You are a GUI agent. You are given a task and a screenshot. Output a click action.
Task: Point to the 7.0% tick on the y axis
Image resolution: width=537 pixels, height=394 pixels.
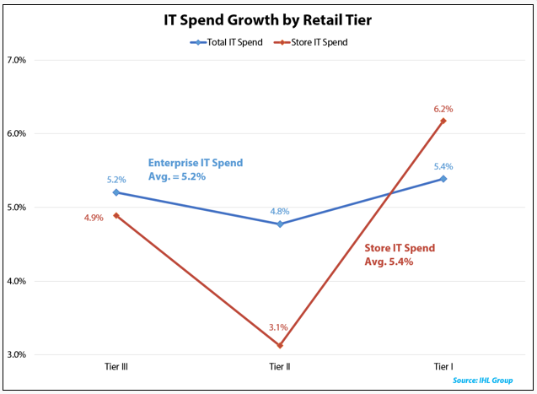pos(17,60)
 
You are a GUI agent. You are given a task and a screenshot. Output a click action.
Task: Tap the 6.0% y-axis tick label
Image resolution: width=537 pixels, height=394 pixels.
pos(17,133)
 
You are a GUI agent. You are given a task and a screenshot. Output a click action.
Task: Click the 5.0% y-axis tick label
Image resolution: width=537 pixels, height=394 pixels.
pos(17,208)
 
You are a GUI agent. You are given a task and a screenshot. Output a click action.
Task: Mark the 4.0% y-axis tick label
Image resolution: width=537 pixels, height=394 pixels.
pos(17,281)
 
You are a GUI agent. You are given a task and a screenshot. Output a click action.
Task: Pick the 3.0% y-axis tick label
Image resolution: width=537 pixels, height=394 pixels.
pos(17,354)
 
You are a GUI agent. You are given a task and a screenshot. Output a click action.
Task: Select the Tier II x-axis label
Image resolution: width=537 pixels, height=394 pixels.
pos(279,366)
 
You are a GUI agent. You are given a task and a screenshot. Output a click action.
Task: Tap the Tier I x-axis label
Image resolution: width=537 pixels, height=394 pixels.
pos(443,366)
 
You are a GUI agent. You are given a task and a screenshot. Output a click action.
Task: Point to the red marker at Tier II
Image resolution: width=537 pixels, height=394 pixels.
pos(279,345)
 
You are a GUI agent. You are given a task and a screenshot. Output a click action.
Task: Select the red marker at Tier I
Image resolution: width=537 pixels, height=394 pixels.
pos(443,121)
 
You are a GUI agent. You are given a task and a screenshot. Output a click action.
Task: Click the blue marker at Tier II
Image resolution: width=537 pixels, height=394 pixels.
pos(279,224)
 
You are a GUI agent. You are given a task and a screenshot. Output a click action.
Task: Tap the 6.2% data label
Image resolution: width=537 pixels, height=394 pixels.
pos(443,108)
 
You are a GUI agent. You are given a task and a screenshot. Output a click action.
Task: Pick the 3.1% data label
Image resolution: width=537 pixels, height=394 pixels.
pos(279,327)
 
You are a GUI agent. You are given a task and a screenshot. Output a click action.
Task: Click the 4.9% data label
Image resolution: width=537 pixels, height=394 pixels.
pos(94,218)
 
